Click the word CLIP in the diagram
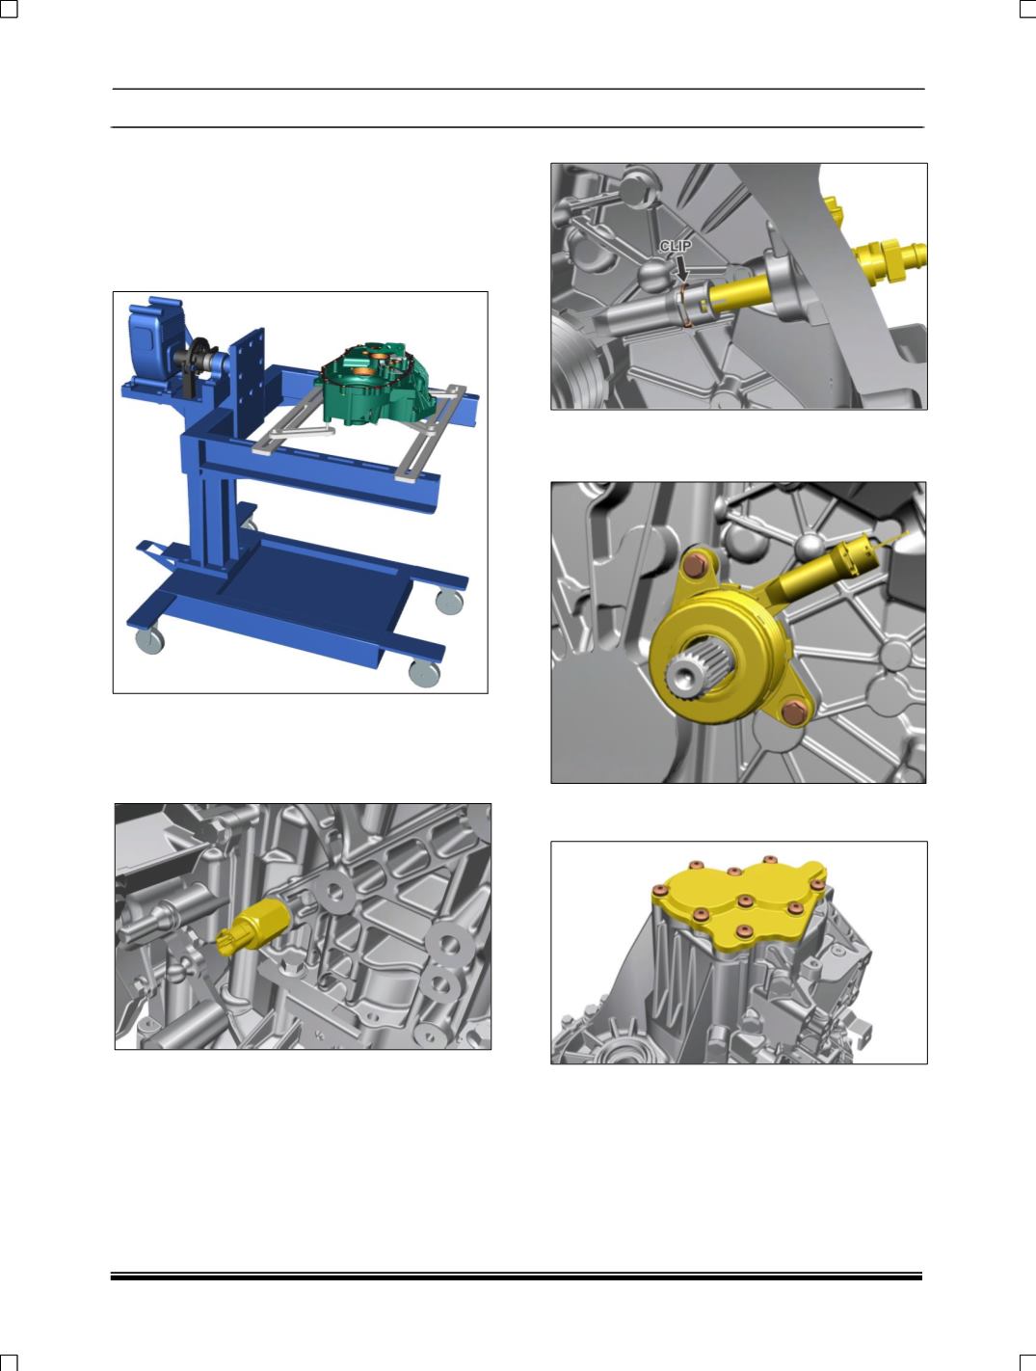pyautogui.click(x=676, y=246)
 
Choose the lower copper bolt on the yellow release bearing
pyautogui.click(x=792, y=712)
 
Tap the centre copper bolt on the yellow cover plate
pyautogui.click(x=744, y=901)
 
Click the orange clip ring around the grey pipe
pyautogui.click(x=684, y=304)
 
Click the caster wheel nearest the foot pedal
pyautogui.click(x=149, y=640)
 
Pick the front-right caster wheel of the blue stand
pyautogui.click(x=424, y=674)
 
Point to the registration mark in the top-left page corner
pyautogui.click(x=8, y=8)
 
